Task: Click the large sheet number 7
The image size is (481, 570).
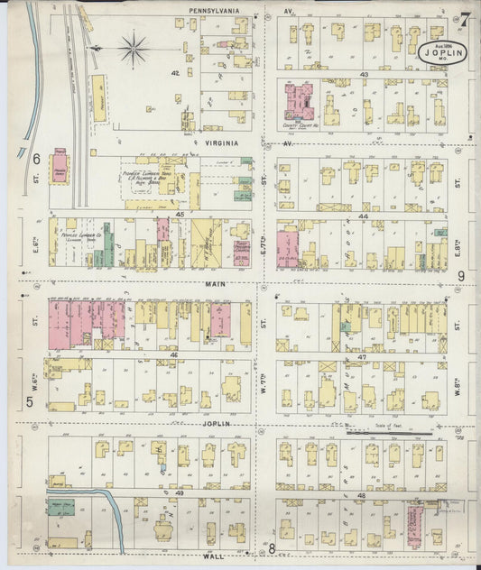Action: (x=465, y=19)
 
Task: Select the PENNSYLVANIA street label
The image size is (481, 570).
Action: (x=214, y=11)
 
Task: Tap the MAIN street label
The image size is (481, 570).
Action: (x=214, y=283)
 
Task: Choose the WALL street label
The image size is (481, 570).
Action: (x=214, y=556)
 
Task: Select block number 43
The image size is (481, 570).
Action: (x=364, y=74)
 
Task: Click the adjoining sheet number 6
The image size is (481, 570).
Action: (x=37, y=159)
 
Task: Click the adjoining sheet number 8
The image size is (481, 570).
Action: (x=271, y=547)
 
